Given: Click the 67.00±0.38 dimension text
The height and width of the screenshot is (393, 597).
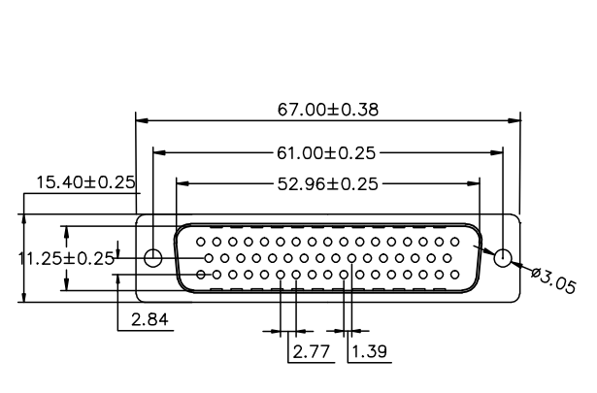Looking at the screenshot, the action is [x=328, y=110].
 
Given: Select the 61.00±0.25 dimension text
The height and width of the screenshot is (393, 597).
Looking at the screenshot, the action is [x=326, y=153].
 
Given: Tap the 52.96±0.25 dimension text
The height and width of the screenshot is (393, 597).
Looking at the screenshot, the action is [x=328, y=184].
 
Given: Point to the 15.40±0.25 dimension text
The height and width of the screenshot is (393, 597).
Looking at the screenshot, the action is [x=85, y=182].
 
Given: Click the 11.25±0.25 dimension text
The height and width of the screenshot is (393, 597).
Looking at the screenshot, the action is [x=66, y=259].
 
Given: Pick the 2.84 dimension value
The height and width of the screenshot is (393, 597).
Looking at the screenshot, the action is [x=149, y=319].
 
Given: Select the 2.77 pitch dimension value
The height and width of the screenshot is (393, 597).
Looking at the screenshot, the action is [x=311, y=351].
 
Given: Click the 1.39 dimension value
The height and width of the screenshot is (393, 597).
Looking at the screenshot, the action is [x=369, y=351].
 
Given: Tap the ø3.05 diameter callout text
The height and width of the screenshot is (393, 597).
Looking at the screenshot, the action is [x=553, y=280].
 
